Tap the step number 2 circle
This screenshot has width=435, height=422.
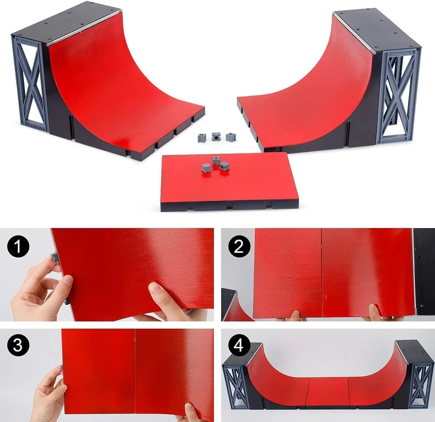coord(239,247)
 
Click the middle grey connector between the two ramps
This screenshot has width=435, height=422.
coord(216,137)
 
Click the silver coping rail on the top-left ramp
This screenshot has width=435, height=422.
coord(84,26)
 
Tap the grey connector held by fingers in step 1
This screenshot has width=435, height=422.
coord(54,257)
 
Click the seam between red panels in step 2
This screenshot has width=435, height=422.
coord(322,273)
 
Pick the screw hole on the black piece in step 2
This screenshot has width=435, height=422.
coord(419,258)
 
